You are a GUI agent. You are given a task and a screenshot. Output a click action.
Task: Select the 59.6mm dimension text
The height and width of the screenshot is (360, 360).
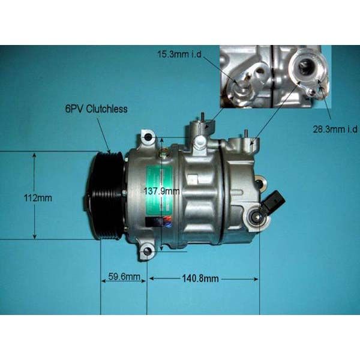click(125, 277)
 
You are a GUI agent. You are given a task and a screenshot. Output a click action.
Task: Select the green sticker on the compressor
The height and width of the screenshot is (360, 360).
click(158, 188)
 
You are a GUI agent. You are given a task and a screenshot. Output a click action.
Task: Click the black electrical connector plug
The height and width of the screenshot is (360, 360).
click(271, 201)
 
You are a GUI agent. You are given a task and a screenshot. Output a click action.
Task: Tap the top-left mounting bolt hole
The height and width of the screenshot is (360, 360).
click(145, 139)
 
